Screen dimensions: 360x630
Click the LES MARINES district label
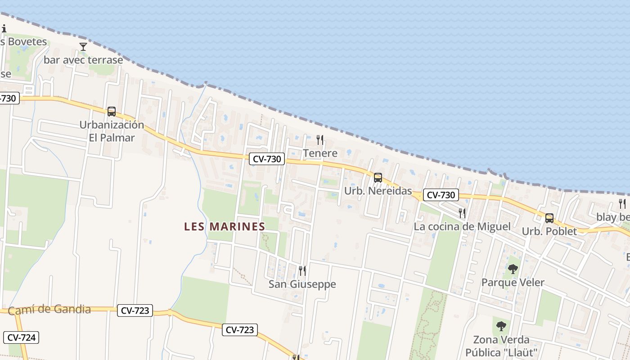pos(225,227)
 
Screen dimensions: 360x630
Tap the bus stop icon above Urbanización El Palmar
pos(112,111)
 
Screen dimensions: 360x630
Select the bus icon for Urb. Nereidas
pos(378,178)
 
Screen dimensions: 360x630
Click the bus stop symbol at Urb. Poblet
pos(549,218)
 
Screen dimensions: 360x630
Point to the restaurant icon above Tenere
pos(320,140)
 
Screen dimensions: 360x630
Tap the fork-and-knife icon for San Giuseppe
pos(302,271)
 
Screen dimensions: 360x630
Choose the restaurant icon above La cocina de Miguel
pos(462,213)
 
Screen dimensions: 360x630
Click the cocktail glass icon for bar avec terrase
pos(83,46)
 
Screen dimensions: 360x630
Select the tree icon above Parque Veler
pos(513,269)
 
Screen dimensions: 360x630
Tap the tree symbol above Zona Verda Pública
pos(501,326)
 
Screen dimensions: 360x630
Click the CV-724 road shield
pos(21,337)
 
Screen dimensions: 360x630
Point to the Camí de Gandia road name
pos(49,310)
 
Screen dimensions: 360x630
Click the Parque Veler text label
pos(513,283)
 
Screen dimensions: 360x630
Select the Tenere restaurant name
pos(320,153)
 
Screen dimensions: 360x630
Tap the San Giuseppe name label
pos(302,284)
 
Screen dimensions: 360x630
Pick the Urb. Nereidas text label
pos(378,191)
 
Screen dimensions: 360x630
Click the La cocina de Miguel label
pos(462,227)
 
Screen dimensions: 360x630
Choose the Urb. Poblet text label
pos(549,232)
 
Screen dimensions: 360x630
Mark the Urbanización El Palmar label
pos(112,131)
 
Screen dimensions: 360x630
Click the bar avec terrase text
pos(83,60)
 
